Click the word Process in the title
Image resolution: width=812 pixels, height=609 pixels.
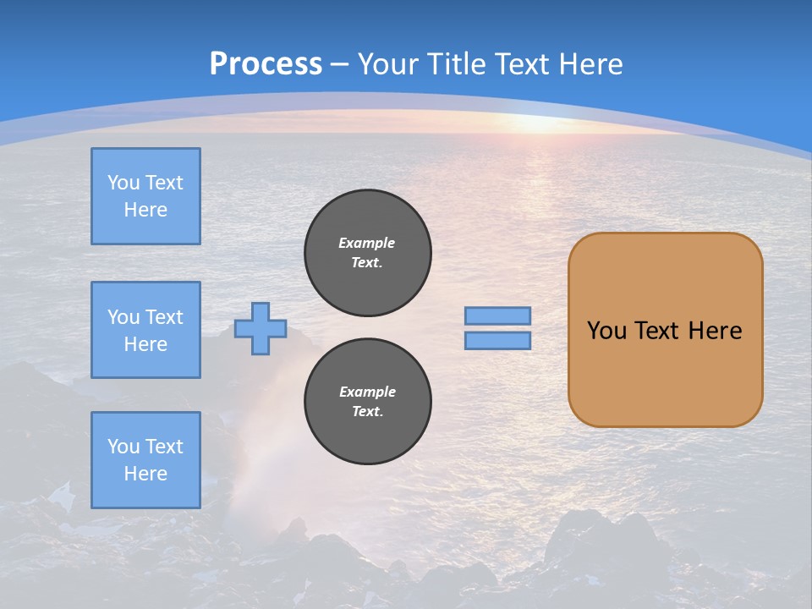[266, 64]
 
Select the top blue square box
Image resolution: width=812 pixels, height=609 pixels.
[145, 196]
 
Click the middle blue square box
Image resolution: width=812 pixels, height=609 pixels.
[145, 330]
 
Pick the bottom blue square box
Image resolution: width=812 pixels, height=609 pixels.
[145, 460]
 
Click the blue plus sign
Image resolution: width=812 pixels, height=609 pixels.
[261, 328]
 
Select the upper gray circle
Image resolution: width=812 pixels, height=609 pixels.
[368, 252]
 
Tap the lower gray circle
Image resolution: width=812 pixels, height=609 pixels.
[368, 401]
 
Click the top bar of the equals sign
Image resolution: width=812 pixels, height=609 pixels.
[498, 315]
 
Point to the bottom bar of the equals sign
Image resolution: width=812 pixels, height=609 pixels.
[498, 341]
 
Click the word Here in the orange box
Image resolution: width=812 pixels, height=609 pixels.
[715, 331]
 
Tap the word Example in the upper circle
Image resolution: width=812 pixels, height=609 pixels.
[367, 243]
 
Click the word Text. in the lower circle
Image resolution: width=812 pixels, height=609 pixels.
[367, 412]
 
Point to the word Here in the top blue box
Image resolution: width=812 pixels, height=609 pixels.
[145, 210]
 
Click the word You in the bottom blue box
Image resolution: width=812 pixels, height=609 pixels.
[123, 447]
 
